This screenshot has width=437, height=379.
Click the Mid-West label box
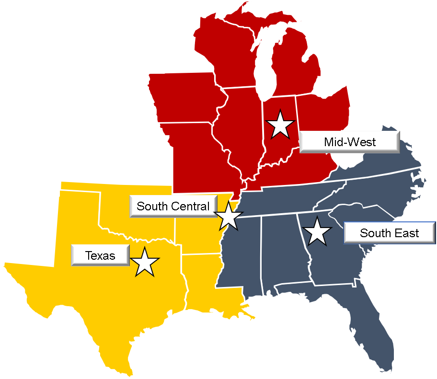pyautogui.click(x=349, y=142)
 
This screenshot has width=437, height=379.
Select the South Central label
pyautogui.click(x=173, y=207)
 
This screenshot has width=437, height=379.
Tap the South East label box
pyautogui.click(x=389, y=233)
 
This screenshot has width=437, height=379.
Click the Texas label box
pyautogui.click(x=100, y=255)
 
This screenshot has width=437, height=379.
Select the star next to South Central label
pyautogui.click(x=229, y=216)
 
